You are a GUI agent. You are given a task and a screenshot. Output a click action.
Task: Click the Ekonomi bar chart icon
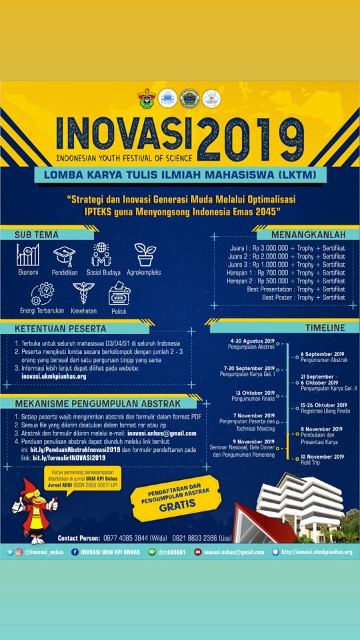(28, 255)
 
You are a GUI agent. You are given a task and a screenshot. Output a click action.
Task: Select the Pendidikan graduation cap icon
(65, 255)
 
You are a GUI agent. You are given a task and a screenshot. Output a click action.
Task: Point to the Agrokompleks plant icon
(145, 255)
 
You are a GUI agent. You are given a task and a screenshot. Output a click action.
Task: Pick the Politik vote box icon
(119, 293)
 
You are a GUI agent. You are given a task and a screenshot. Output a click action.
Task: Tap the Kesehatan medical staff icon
(83, 293)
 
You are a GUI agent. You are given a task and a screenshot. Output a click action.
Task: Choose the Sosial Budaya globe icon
(101, 255)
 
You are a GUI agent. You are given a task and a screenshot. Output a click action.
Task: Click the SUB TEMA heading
(37, 235)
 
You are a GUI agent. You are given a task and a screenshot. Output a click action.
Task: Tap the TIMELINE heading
(325, 328)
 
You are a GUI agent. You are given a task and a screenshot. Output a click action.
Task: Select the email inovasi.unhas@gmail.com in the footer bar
(234, 552)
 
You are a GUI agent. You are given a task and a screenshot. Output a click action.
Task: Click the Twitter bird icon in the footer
(10, 552)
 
